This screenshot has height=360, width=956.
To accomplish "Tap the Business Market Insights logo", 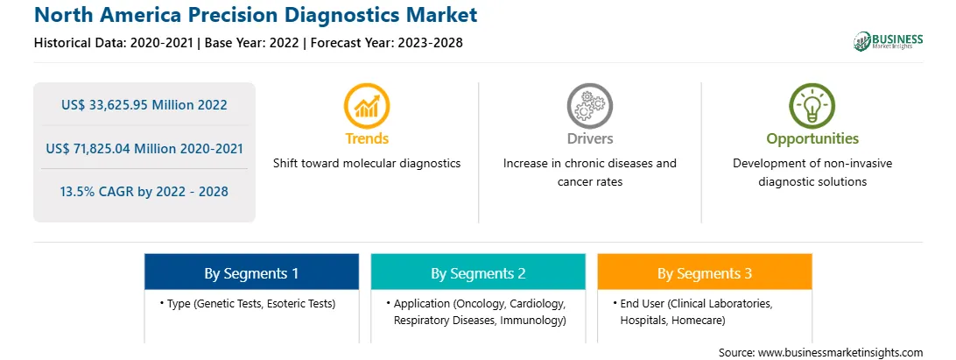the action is pos(889,41).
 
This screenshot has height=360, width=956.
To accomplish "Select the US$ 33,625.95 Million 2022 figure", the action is pos(144,104).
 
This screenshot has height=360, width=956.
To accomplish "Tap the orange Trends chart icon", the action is pos(367,106).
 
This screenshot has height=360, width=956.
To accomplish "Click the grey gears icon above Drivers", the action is pos(589,106).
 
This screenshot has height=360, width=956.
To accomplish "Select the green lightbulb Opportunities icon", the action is pos(812,106).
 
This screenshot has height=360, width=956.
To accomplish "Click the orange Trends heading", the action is pos(367,138).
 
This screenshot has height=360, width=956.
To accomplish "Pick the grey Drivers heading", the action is pos(589,138).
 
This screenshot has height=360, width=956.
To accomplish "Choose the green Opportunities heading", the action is pos(812,139).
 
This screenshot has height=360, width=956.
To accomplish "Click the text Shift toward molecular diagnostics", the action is pos(367,164).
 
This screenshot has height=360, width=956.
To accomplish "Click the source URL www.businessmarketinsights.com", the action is pos(840,353).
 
